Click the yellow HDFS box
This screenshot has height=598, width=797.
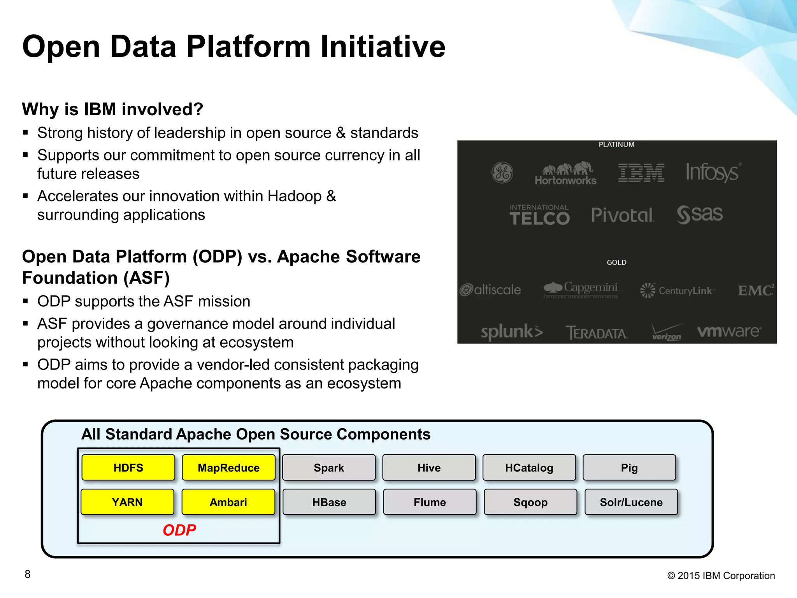click(128, 468)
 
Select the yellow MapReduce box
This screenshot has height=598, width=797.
click(228, 468)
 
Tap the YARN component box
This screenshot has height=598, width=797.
click(127, 502)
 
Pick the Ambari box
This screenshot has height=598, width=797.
click(228, 502)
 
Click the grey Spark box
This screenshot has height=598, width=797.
click(329, 468)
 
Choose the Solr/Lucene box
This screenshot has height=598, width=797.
click(631, 502)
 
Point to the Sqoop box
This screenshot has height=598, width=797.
click(530, 502)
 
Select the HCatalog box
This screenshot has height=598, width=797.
click(529, 468)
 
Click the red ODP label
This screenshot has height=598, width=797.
click(179, 530)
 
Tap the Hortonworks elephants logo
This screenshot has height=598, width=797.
click(566, 173)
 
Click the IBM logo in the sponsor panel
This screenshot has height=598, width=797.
click(641, 172)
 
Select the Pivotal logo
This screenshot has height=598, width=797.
click(622, 215)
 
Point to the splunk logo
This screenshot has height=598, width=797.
click(511, 332)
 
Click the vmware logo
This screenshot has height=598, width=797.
click(729, 331)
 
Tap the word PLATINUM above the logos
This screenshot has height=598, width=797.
click(616, 144)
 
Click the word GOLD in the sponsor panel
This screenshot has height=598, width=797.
click(616, 262)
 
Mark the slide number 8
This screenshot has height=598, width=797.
click(27, 574)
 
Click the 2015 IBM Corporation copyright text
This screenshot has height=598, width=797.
click(721, 575)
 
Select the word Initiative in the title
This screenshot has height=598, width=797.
click(383, 47)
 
